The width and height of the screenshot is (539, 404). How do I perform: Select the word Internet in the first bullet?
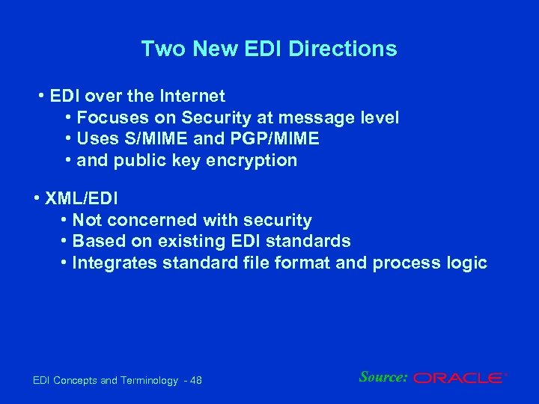coord(192,96)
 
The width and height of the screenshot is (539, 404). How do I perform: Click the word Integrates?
coord(109,263)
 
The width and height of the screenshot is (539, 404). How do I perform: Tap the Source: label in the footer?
coord(383,377)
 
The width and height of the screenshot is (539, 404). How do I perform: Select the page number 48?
coord(196,381)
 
